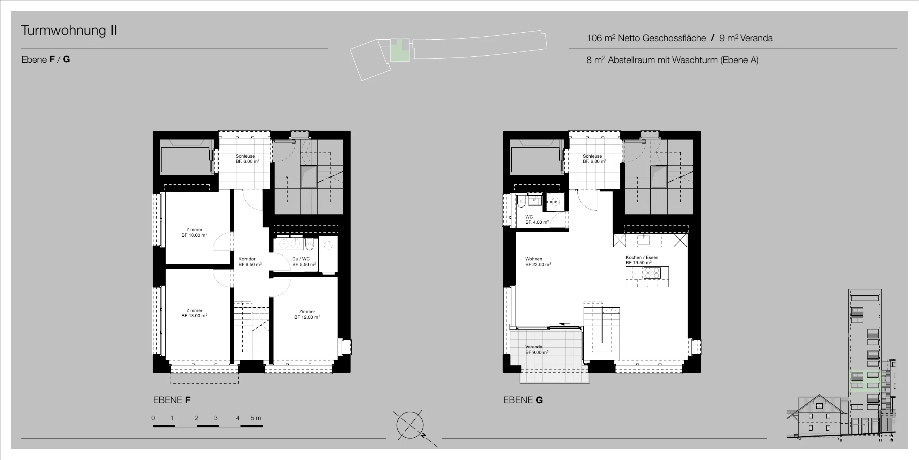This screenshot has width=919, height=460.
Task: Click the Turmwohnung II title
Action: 69,30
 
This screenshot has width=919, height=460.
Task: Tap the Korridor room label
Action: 250,262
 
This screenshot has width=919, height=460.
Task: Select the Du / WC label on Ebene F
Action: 304,262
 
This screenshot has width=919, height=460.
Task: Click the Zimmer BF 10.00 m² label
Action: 194,233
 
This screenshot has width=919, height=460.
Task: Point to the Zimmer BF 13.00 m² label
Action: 194,313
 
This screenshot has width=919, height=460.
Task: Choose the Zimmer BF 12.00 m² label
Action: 307,315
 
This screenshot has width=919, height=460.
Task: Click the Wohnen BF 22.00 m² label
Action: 538,262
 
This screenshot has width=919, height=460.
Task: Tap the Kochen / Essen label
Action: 642,260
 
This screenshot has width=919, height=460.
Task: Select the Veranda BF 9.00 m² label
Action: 537,350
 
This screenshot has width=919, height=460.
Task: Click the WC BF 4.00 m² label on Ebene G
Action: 537,220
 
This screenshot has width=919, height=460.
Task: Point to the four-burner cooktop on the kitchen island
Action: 652,273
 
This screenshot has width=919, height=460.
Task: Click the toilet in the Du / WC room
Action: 309,244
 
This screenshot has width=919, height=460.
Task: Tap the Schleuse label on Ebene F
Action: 247,159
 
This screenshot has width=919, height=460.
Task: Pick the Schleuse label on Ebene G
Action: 594,159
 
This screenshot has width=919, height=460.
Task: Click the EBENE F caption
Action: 172,400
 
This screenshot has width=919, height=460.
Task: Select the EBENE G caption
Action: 523,400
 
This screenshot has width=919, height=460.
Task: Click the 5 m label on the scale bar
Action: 256,418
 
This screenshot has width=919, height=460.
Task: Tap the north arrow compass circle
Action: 410,425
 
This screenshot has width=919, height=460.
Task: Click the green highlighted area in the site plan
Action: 399,50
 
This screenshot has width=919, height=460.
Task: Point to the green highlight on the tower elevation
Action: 865,381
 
